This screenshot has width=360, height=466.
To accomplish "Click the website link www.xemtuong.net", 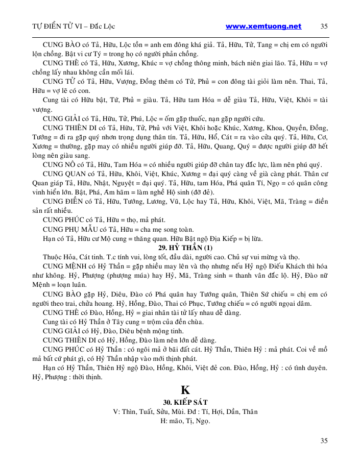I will [x=263, y=27].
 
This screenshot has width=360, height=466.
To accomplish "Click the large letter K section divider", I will [x=185, y=389].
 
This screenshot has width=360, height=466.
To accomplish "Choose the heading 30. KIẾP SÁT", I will [x=185, y=402].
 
